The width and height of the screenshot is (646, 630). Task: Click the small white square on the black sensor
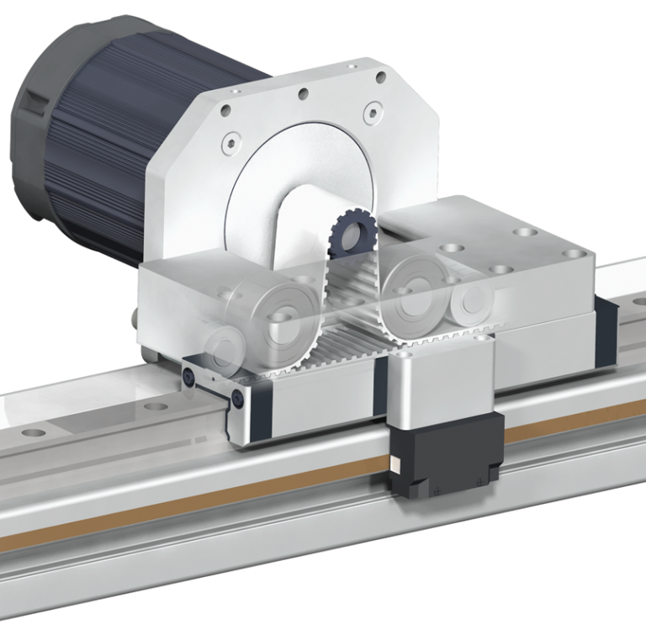(394, 461)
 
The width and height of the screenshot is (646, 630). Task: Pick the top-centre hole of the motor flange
(304, 95)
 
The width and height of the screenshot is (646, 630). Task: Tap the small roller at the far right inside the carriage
(470, 298)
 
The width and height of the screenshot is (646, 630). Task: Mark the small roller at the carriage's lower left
(220, 346)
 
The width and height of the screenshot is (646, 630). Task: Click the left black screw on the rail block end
(193, 379)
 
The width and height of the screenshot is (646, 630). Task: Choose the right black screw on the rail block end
(241, 398)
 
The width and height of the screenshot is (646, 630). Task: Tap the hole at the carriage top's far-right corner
(575, 253)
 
